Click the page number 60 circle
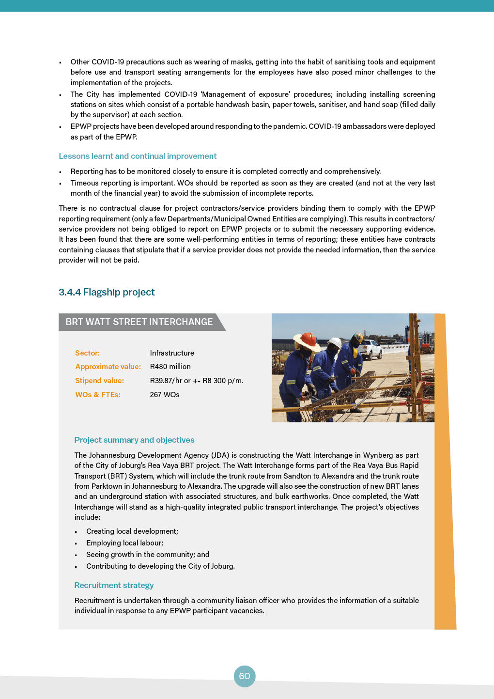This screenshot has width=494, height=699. [245, 676]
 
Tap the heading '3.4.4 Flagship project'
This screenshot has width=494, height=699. [107, 292]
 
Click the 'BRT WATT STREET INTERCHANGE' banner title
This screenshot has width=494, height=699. [139, 322]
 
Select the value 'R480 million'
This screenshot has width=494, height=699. [170, 367]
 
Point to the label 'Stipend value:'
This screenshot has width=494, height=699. [99, 381]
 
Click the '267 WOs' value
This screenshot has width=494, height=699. [165, 395]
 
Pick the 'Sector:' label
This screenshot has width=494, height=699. [87, 353]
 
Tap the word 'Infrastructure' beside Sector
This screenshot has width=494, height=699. [172, 353]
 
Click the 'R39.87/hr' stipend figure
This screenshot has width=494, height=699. [166, 381]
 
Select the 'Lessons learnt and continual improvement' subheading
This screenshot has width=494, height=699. [138, 156]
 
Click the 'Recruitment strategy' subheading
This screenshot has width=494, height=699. [114, 585]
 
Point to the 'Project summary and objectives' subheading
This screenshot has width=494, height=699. [134, 440]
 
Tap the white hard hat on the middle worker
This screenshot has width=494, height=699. [334, 342]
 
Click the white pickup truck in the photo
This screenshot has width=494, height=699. [372, 347]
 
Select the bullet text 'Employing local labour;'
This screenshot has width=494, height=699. [124, 543]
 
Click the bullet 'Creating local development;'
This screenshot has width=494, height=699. [132, 531]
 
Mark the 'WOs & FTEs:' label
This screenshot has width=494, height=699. [98, 395]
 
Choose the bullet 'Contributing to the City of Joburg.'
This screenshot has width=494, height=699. [160, 566]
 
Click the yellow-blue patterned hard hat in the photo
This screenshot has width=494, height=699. [358, 336]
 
